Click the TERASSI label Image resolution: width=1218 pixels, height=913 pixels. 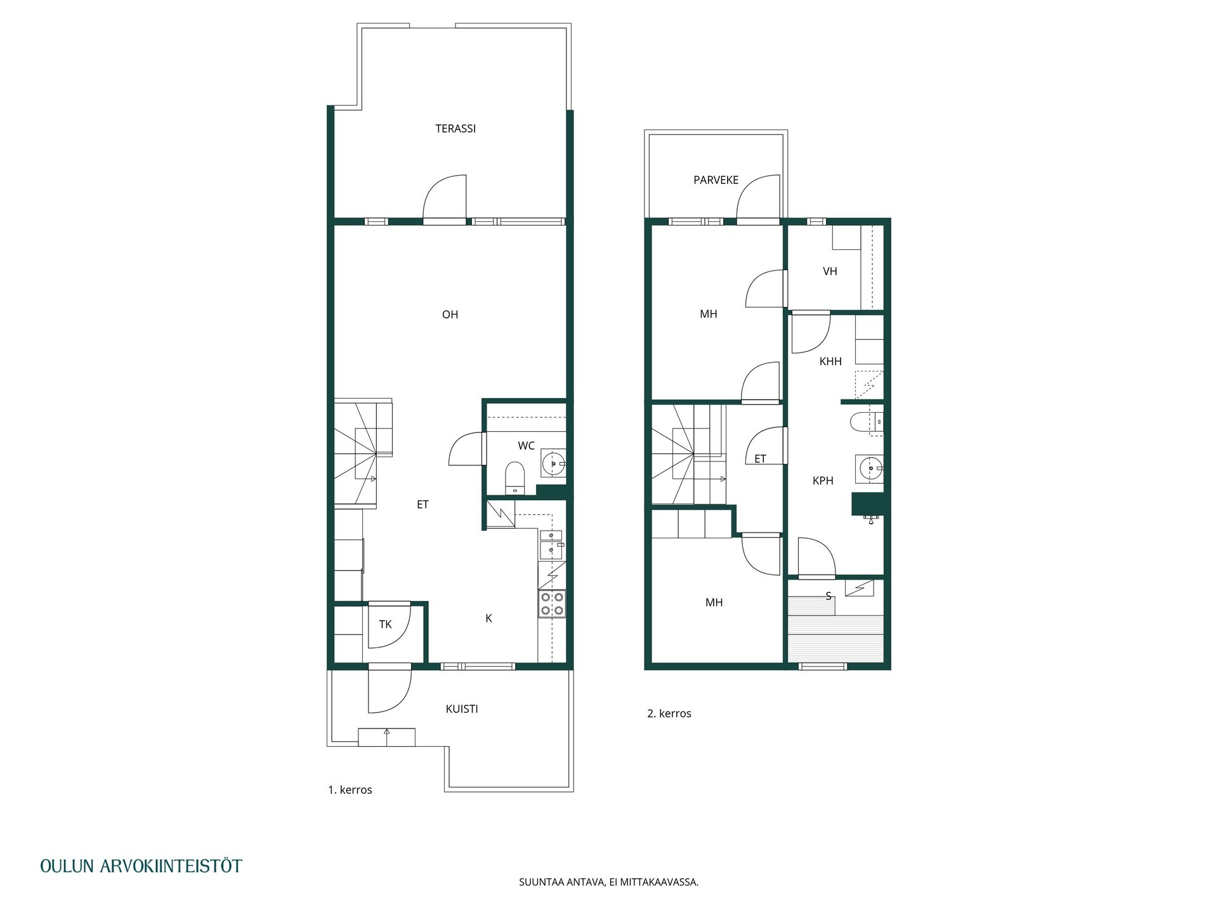tap(455, 129)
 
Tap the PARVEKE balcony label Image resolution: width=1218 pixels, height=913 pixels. tap(716, 180)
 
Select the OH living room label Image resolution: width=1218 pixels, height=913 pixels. tap(450, 314)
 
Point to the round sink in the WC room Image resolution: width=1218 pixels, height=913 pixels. tap(553, 463)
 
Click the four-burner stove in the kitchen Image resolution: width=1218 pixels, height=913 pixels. tap(552, 604)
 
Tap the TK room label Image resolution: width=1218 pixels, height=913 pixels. tap(385, 625)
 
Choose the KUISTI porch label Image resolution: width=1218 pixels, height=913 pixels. tap(462, 709)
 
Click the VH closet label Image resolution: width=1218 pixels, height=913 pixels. tap(830, 271)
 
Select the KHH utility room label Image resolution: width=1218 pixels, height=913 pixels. tap(830, 361)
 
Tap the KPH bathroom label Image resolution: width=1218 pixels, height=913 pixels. tap(823, 481)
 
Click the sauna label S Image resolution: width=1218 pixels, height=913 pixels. tap(828, 596)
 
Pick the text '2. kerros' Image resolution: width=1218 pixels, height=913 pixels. tap(669, 713)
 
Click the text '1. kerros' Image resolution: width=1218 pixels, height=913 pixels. tap(350, 790)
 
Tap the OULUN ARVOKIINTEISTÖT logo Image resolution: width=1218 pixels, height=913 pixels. tap(141, 866)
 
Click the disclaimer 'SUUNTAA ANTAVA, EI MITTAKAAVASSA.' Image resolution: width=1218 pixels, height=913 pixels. tap(609, 882)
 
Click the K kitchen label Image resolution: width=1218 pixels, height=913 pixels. tap(488, 618)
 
